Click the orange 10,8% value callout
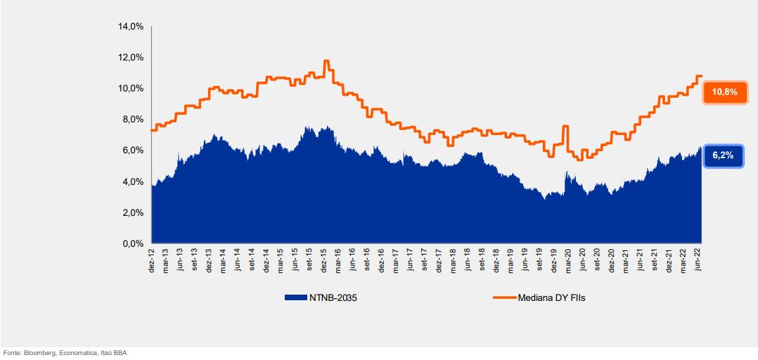click(724, 92)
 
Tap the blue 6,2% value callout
click(723, 155)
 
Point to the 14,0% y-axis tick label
click(132, 27)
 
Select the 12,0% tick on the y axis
click(132, 58)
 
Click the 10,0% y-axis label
click(132, 89)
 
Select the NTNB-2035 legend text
click(328, 297)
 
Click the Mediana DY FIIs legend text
click(551, 297)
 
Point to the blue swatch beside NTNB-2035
click(295, 297)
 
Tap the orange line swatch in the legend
click(504, 297)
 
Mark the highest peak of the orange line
click(326, 61)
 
